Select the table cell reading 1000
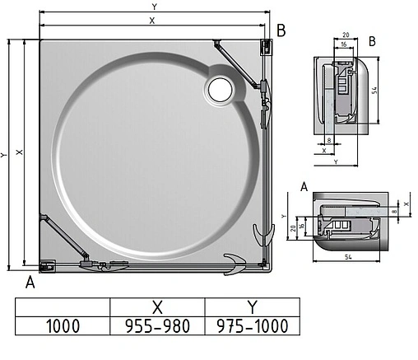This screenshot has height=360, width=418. pos(63,325)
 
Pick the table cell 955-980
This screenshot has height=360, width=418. pos(157,325)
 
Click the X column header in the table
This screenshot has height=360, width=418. pos(157,306)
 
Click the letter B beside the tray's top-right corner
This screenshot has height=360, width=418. pos(281,31)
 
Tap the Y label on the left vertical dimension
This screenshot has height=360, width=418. pos(5,153)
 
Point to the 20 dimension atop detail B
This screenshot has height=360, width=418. pos(346,35)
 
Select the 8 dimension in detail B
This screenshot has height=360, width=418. pos(328,141)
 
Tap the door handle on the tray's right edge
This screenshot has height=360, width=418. pos(264,233)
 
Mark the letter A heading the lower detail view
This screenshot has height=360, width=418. pos(304,187)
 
